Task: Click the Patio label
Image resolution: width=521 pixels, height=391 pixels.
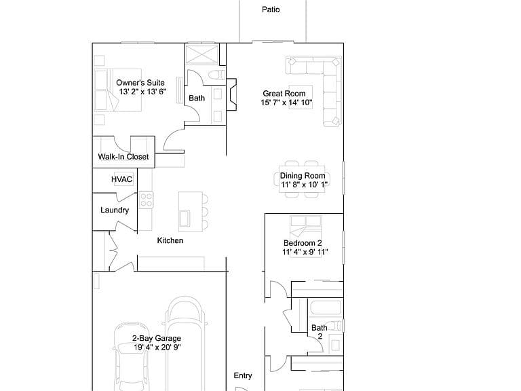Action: pyautogui.click(x=271, y=10)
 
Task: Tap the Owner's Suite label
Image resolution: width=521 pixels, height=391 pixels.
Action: pyautogui.click(x=140, y=83)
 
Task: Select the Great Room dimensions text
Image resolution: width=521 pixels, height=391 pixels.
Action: pyautogui.click(x=286, y=103)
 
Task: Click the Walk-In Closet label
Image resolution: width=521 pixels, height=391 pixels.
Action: pyautogui.click(x=123, y=157)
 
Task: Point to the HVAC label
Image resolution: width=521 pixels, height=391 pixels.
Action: pyautogui.click(x=122, y=179)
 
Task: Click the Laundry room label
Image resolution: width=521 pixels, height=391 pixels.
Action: pyautogui.click(x=115, y=210)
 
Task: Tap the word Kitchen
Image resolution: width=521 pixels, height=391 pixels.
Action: pyautogui.click(x=170, y=240)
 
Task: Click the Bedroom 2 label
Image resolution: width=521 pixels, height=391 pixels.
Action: pyautogui.click(x=303, y=243)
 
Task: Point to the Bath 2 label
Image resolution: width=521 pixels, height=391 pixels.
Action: pyautogui.click(x=320, y=332)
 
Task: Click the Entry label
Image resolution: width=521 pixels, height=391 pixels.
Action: pyautogui.click(x=243, y=375)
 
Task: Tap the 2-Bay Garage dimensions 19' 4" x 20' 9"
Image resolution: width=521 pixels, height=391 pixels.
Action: pyautogui.click(x=157, y=348)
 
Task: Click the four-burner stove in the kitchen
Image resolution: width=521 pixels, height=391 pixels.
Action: pyautogui.click(x=147, y=200)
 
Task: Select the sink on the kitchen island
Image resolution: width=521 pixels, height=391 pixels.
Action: pyautogui.click(x=185, y=219)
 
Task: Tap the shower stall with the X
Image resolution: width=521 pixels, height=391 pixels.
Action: pyautogui.click(x=201, y=54)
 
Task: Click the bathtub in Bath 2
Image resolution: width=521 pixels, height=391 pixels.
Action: pyautogui.click(x=326, y=308)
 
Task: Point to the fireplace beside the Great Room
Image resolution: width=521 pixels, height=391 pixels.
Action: pyautogui.click(x=231, y=94)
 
